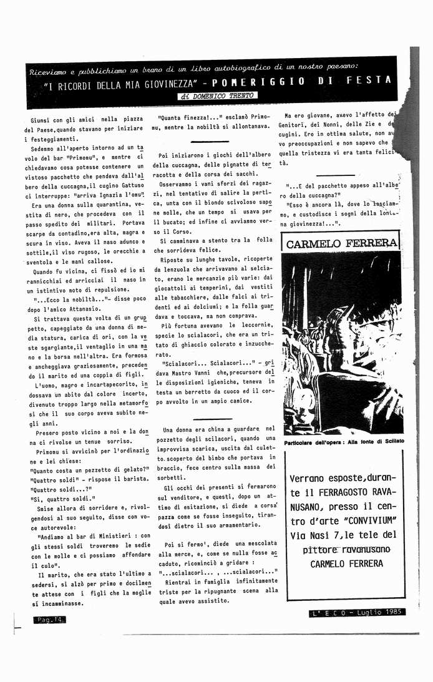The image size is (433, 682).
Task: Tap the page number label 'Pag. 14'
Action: click(49, 619)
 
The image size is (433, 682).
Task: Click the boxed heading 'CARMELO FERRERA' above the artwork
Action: click(341, 243)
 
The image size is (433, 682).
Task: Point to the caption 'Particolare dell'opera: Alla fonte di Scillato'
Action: click(344, 441)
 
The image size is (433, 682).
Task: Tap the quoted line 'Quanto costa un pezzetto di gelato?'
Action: click(89, 469)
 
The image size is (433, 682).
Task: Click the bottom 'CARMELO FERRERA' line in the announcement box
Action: click(346, 563)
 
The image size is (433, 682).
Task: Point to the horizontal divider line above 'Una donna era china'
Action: click(212, 419)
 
